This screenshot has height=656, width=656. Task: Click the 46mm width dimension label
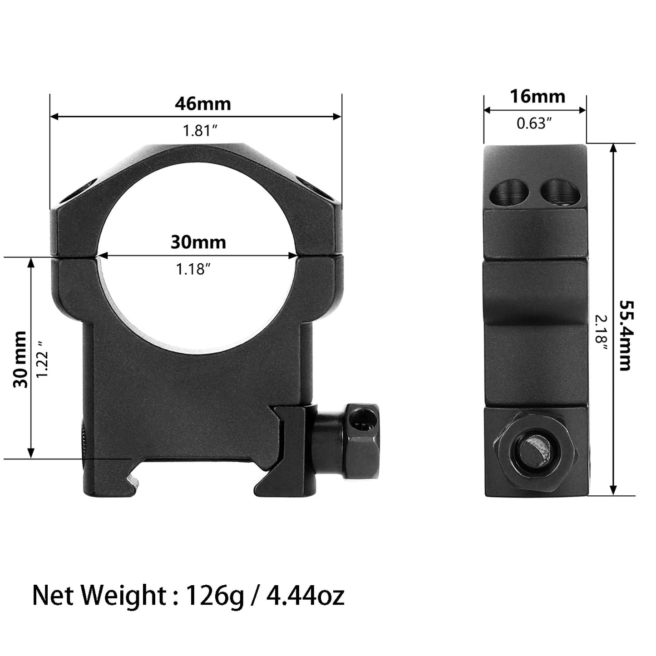202,104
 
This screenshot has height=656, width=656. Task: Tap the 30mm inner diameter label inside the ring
198,242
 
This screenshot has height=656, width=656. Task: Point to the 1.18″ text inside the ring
193,270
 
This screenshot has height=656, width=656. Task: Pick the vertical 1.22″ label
44,357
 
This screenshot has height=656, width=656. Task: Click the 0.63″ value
534,123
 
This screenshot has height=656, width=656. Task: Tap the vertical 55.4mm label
625,335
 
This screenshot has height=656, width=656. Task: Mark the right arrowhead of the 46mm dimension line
337,117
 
